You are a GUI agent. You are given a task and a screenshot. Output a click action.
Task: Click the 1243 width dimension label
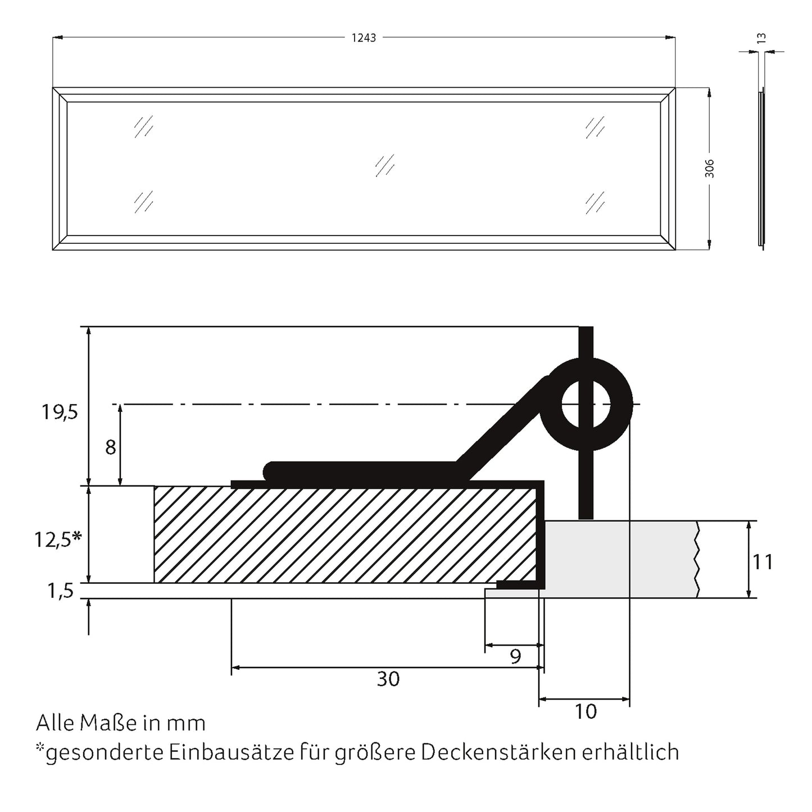coord(364,38)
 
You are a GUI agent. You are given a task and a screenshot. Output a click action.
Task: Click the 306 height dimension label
coord(709,169)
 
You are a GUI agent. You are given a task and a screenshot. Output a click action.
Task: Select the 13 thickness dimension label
coord(761,38)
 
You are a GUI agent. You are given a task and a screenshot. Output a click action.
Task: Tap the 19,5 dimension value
coord(59,412)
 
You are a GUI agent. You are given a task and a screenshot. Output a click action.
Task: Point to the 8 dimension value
coord(110,448)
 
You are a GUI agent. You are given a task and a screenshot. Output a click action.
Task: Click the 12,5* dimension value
coord(58,539)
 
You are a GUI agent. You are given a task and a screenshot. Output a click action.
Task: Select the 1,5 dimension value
coord(60,591)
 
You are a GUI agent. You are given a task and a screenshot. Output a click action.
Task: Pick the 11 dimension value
coord(763,561)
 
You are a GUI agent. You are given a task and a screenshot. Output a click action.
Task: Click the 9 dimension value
coord(516,656)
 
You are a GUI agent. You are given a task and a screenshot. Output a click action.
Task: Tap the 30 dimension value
coord(388,679)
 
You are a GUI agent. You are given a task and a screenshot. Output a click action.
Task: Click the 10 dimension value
coord(586,711)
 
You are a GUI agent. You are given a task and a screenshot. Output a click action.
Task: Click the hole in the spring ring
coord(586,404)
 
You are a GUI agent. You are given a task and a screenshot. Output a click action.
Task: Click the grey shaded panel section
coord(618,559)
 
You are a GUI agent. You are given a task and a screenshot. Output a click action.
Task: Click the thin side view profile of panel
coord(761,169)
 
